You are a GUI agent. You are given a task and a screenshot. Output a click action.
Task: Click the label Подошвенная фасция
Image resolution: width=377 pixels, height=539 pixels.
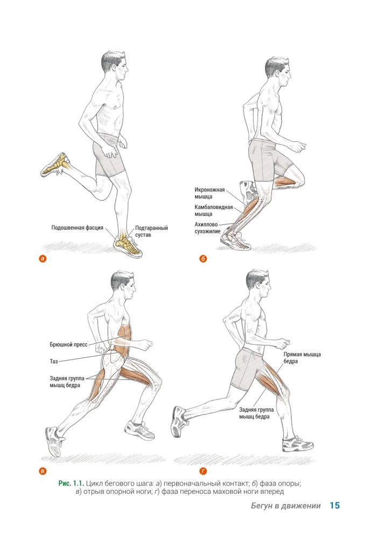[x=77, y=228]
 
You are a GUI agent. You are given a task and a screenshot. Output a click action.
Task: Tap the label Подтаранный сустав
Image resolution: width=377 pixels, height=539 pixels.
[x=151, y=231]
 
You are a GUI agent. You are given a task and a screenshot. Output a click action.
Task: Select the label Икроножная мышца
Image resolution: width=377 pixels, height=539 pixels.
[x=210, y=193]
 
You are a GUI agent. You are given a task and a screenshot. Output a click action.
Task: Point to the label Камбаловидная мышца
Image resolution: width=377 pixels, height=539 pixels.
[x=214, y=211]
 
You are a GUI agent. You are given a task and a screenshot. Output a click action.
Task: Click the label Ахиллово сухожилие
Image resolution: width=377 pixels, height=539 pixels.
[x=207, y=228]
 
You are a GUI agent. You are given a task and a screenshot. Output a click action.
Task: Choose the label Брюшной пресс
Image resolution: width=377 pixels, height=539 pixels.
[x=69, y=344]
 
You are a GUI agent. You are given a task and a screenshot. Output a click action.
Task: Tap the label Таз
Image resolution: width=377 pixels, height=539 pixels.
[x=53, y=361]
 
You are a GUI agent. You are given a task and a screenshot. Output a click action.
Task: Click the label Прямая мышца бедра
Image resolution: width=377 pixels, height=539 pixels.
[x=302, y=358]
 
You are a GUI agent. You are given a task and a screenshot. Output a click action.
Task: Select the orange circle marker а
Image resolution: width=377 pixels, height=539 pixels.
[x=43, y=259]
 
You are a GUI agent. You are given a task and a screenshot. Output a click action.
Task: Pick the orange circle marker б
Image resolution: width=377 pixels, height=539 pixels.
[x=203, y=259]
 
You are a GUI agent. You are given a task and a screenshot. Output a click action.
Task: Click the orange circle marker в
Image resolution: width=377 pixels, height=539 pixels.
[x=43, y=471]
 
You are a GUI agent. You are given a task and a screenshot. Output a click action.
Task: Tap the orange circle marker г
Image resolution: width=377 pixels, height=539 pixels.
[x=203, y=471]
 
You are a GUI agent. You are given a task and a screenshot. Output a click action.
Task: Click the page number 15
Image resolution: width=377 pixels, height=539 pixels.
[x=335, y=506]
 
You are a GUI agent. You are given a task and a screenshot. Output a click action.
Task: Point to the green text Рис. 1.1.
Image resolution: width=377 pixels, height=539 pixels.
[x=71, y=483]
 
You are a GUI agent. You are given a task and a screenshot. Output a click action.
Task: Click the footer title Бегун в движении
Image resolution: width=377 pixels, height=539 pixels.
[x=285, y=506]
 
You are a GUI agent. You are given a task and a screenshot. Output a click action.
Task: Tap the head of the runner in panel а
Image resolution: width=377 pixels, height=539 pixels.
[x=115, y=65]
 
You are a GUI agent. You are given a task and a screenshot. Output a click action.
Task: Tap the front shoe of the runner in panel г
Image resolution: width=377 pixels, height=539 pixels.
[x=297, y=444]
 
